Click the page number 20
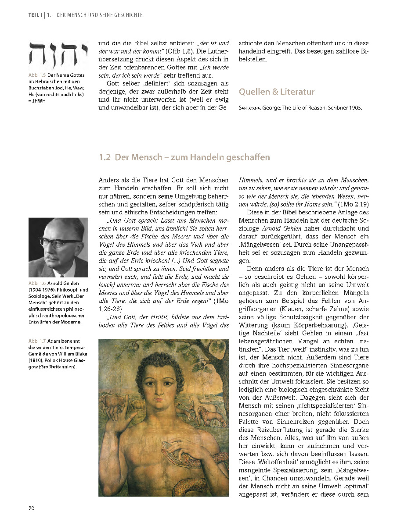32,508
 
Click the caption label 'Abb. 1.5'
37,75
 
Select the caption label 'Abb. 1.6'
37,284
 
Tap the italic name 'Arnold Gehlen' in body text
281,229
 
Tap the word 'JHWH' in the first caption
40,100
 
